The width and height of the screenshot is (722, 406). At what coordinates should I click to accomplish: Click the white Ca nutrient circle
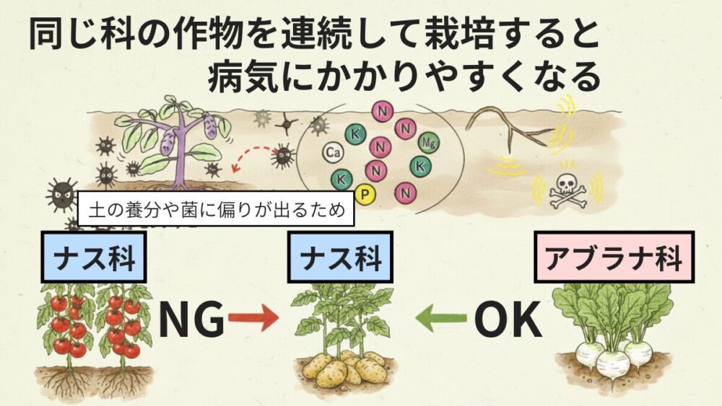(333, 153)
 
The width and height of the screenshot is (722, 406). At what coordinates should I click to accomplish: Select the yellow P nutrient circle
(365, 193)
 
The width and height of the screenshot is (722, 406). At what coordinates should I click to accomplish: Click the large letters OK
(508, 320)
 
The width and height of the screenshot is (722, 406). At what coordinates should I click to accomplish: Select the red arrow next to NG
(254, 318)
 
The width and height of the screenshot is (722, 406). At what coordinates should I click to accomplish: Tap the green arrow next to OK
(441, 318)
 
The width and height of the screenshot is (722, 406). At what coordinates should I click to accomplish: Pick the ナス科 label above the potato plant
(340, 259)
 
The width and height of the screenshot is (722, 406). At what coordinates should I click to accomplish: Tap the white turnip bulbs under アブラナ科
(612, 358)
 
